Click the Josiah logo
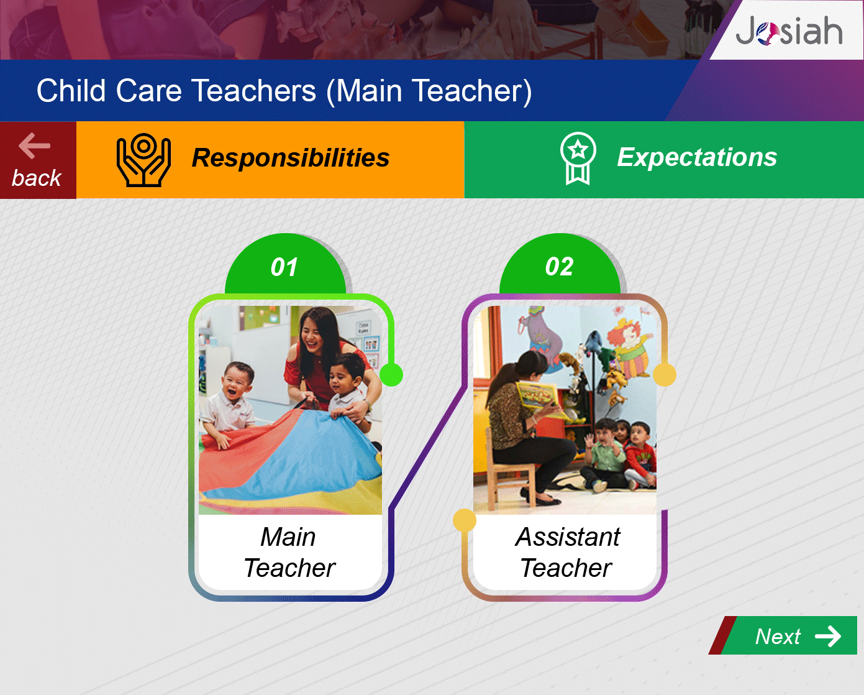(789, 30)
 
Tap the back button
(38, 160)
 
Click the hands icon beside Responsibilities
(143, 160)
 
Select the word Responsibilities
(291, 157)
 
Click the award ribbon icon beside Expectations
(578, 159)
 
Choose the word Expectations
(697, 157)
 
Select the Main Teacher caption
(289, 552)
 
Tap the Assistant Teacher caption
(567, 552)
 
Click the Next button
(783, 635)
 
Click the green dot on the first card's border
(391, 375)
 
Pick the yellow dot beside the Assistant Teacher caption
(465, 520)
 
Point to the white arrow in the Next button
(828, 637)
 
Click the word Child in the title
(71, 90)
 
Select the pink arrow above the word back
(35, 145)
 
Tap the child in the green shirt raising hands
(603, 454)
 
